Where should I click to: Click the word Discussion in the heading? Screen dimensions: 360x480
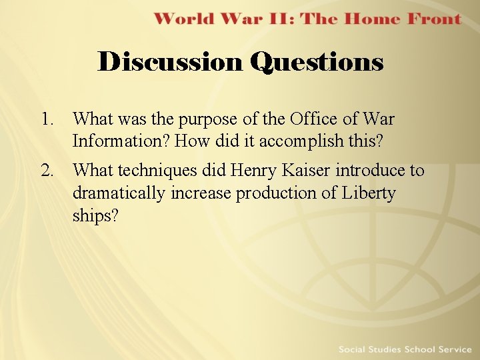click(171, 62)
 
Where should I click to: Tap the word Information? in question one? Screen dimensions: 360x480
click(121, 142)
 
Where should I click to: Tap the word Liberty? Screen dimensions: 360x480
click(369, 193)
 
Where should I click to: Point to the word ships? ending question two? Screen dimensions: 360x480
click(95, 216)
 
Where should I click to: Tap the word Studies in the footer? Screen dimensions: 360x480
click(389, 349)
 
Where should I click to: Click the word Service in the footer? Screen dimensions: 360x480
click(453, 349)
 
